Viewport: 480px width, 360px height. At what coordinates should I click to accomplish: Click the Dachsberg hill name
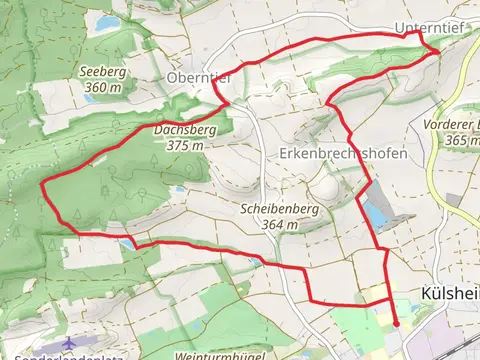[180, 129]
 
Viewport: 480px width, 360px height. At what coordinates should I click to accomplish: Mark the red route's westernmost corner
[41, 183]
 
